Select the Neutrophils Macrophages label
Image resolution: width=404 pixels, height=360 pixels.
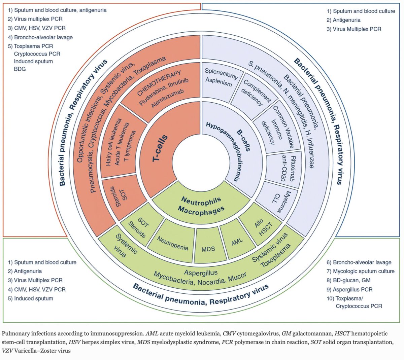201,205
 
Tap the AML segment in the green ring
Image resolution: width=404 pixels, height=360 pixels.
237,242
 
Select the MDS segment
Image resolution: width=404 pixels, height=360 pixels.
208,249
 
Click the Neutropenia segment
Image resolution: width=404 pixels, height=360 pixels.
173,243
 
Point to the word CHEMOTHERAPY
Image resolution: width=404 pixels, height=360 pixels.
159,83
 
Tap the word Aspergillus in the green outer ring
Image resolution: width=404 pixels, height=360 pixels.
201,273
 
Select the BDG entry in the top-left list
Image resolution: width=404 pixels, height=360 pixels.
20,69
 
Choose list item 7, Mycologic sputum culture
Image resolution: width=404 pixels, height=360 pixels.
360,271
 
